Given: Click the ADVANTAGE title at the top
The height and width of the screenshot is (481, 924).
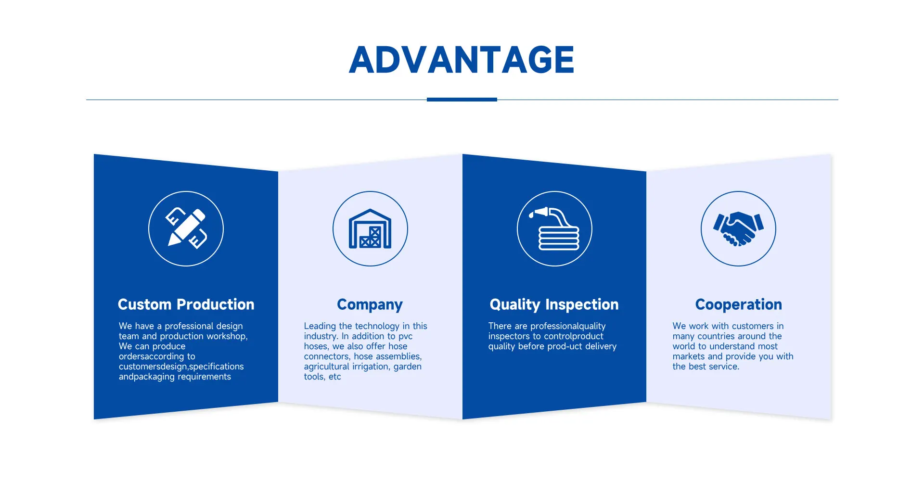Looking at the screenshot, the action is [x=462, y=60].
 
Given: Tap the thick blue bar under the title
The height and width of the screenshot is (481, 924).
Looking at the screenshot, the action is [x=462, y=100].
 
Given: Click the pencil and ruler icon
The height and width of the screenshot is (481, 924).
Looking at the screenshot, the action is [x=186, y=228].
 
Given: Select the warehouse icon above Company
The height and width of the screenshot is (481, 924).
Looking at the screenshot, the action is [x=370, y=228].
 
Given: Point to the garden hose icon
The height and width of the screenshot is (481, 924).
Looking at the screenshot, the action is [x=554, y=228].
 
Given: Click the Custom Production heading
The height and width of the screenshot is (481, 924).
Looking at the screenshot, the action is [x=186, y=304].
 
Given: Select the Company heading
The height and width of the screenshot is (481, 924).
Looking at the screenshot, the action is [x=370, y=305].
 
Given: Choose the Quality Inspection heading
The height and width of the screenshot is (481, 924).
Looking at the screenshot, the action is [x=554, y=305].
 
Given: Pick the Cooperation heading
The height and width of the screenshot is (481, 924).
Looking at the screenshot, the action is [x=738, y=305].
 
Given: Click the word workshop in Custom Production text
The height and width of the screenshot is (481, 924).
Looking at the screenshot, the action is [x=227, y=336].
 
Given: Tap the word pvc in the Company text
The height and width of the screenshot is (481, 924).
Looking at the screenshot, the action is [x=405, y=337].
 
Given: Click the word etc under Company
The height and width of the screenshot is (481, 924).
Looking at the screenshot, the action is [x=334, y=377].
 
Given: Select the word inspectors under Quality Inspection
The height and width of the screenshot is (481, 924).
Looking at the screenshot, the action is [x=509, y=337].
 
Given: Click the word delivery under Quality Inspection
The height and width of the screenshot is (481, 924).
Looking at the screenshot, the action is [x=601, y=346].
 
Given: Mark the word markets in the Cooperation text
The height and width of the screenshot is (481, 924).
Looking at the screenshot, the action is [x=689, y=356].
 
